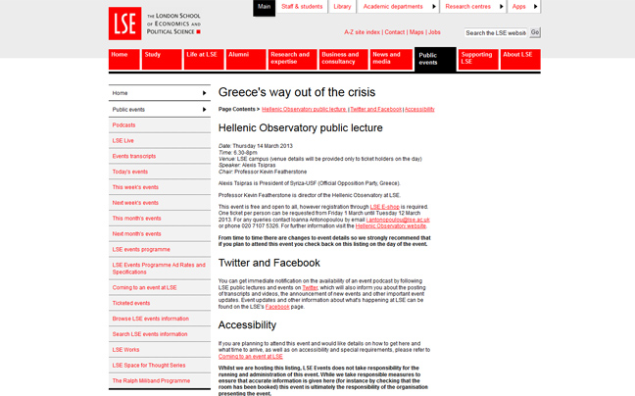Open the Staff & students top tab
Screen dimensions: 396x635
tap(301, 7)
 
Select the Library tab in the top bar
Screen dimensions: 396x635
tap(342, 7)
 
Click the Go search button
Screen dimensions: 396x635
tap(535, 32)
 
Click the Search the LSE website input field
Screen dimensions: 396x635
tap(496, 32)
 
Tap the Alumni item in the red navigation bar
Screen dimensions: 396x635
tap(245, 59)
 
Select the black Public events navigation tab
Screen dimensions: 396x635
tap(434, 59)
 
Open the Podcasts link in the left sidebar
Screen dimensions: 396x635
tap(124, 125)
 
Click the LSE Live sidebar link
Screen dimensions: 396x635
tap(123, 140)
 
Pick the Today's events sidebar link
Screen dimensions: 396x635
tap(130, 172)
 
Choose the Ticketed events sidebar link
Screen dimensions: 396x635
tap(131, 303)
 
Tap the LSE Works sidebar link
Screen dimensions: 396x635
tap(126, 350)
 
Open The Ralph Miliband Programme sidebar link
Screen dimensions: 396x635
tap(151, 380)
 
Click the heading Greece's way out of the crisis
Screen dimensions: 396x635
tap(297, 92)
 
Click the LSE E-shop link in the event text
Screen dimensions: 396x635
tap(383, 207)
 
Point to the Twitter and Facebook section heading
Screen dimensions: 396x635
tap(269, 263)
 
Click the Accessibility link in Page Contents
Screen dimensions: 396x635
tap(419, 110)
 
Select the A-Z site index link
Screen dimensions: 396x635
tap(362, 32)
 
